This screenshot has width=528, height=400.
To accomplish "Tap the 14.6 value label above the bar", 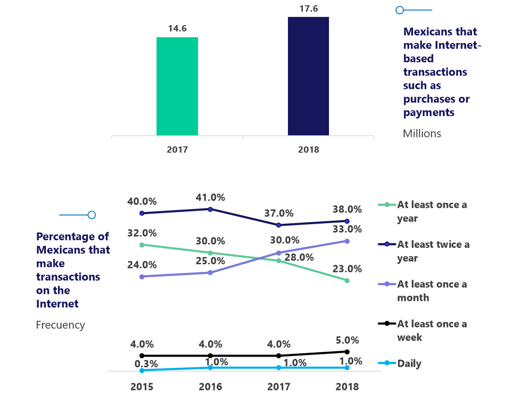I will pos(177,29).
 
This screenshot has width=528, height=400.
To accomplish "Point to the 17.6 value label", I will pos(308,8).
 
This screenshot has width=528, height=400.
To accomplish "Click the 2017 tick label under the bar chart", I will pos(177,150).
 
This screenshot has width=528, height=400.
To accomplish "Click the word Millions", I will pos(422,133).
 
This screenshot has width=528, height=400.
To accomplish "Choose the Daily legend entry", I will pos(409,363).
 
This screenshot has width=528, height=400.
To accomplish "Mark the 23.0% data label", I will pos(347,269).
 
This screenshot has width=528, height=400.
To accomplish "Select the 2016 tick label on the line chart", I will pos(211,386).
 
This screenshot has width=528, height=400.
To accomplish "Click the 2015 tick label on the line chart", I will pos(142,386).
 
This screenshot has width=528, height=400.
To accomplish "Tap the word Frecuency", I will pos(60,325).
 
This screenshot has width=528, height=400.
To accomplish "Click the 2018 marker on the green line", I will pos(347,280).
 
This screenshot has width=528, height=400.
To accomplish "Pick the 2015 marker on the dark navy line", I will pos(142,213).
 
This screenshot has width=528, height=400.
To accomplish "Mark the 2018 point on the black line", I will pos(347,352).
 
